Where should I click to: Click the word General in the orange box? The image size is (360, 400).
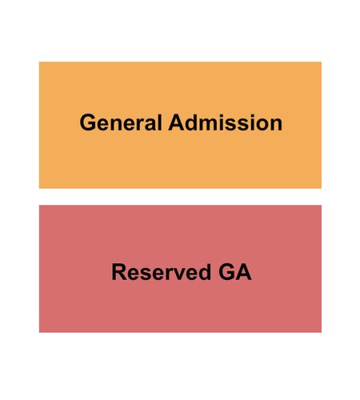tap(121, 122)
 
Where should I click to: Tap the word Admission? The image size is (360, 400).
tap(225, 122)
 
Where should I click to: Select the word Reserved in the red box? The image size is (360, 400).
tap(161, 272)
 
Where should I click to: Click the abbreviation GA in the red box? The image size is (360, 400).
tap(235, 272)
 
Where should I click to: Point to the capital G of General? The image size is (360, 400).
tap(87, 122)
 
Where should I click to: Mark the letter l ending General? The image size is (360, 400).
tap(160, 122)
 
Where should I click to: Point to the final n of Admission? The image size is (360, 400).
tap(276, 125)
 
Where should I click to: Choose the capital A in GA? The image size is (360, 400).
tap(243, 272)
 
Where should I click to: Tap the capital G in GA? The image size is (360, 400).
tap(226, 272)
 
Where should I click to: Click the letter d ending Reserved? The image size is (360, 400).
tap(205, 272)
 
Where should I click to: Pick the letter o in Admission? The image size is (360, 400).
tap(262, 125)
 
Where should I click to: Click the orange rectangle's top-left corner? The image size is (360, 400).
tap(39, 62)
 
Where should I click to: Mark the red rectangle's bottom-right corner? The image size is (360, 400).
tap(322, 333)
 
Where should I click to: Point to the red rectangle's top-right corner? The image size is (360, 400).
tap(322, 205)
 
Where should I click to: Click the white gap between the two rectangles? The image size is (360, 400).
tap(180, 197)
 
